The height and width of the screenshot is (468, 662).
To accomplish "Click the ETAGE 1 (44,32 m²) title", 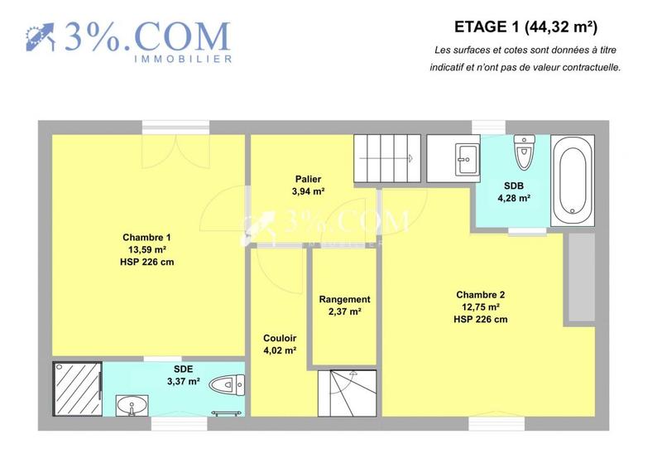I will point(526,27).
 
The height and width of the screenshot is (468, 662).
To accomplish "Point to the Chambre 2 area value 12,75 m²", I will point(480,306).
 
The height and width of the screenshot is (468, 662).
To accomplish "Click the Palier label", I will point(308,179).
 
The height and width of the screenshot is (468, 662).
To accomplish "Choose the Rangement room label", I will point(344,299).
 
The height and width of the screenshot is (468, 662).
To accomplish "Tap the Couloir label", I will point(280,338).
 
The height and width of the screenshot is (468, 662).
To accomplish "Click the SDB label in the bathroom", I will point(513,185).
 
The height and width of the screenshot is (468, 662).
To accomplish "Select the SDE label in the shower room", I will point(183,369).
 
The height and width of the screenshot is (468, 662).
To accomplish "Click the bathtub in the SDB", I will point(572,180).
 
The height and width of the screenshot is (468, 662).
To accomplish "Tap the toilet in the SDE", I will point(226,384).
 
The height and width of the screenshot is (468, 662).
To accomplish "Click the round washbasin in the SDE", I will point(129,406).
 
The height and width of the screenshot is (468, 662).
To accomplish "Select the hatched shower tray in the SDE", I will point(77,389).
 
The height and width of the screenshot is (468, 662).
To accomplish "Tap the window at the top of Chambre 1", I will point(164,127).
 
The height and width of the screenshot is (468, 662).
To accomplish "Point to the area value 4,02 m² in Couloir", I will point(280,350).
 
